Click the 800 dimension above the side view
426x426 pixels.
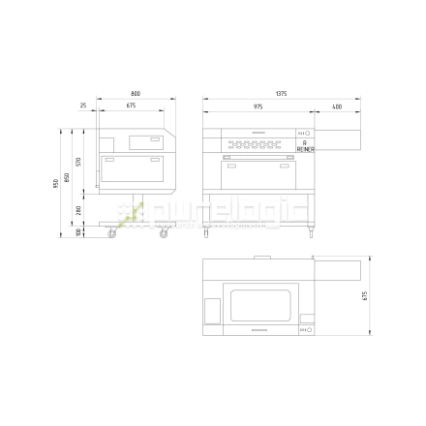[x=135, y=94]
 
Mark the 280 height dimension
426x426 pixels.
[x=78, y=208]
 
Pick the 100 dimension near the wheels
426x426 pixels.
[x=78, y=231]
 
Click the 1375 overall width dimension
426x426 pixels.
[x=281, y=94]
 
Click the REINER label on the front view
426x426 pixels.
[x=304, y=149]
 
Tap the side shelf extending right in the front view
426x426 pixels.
[x=339, y=137]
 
